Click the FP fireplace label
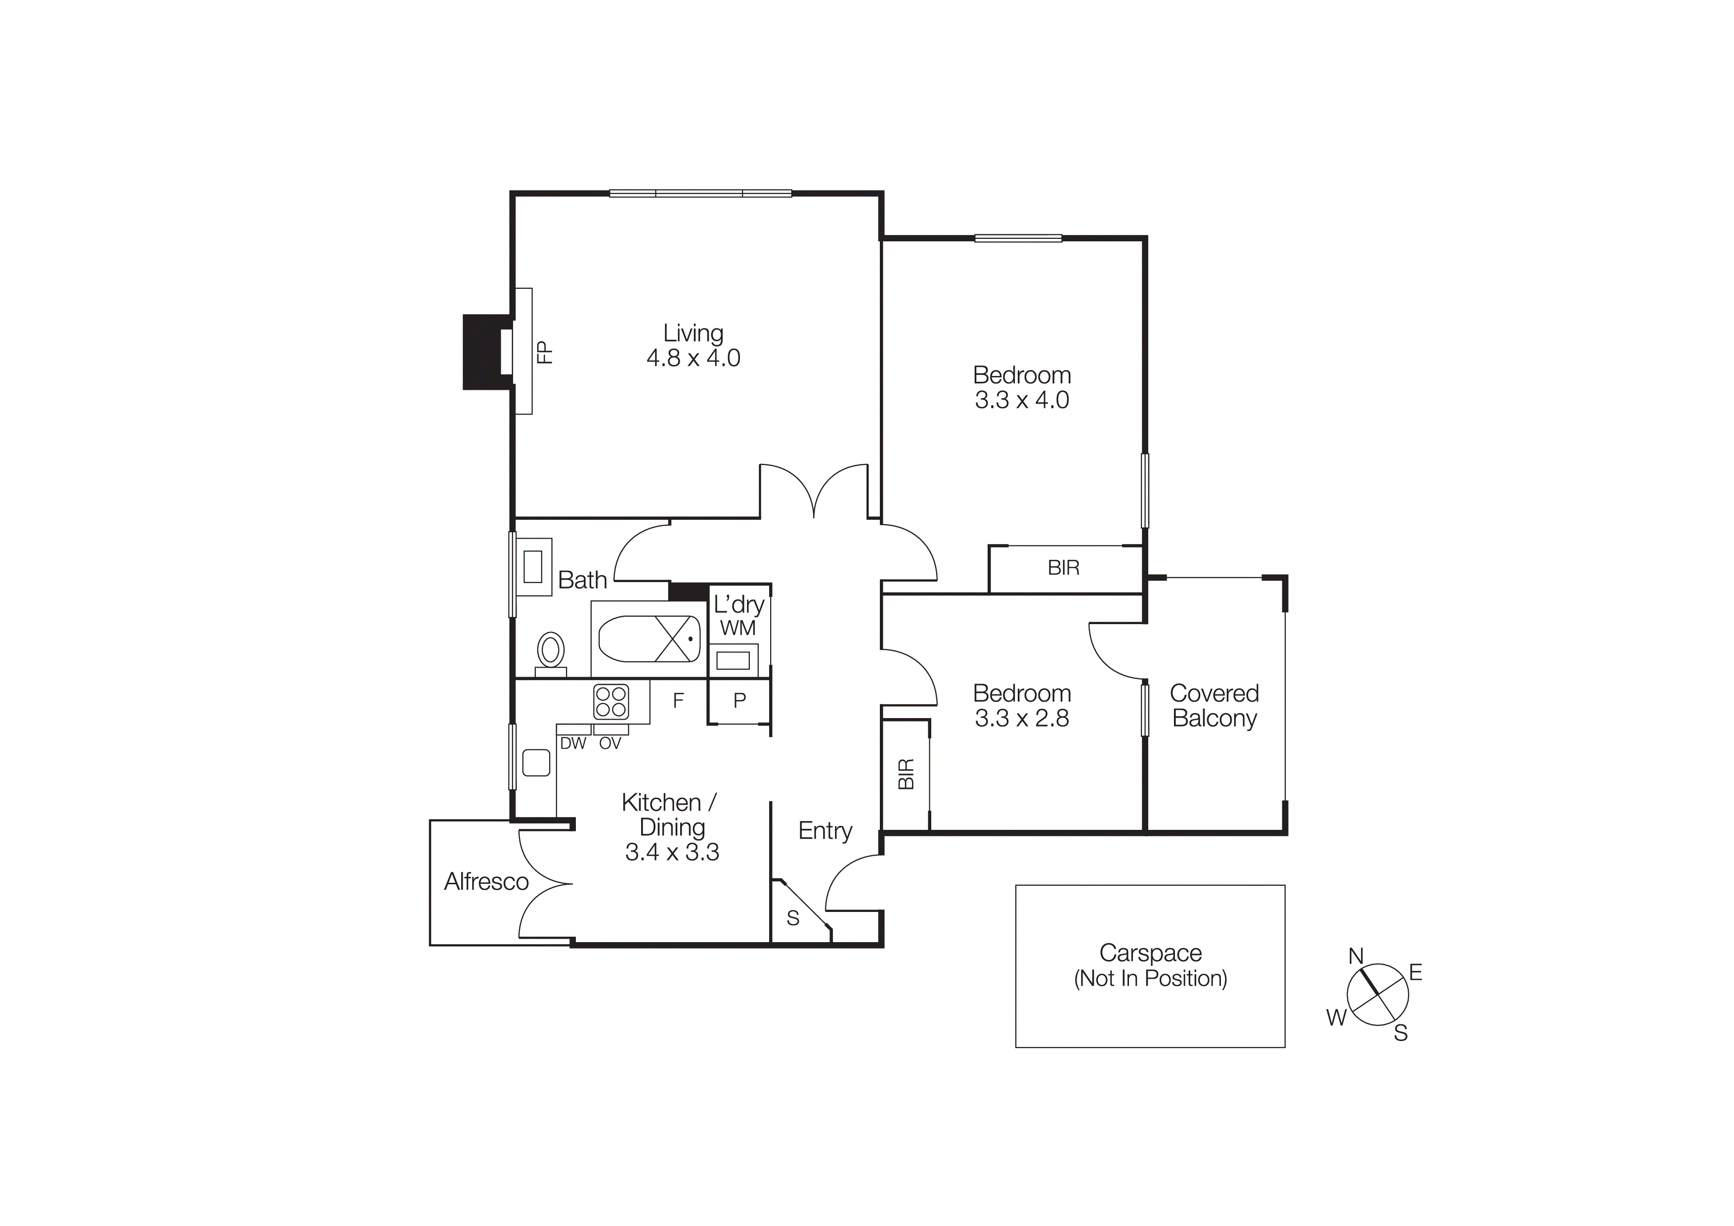(x=544, y=352)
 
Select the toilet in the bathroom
(x=551, y=650)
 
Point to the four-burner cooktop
(x=611, y=701)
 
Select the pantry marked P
(x=739, y=700)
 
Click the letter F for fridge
(x=678, y=700)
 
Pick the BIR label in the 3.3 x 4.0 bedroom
(x=1063, y=568)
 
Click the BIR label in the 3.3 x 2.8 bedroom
(x=906, y=774)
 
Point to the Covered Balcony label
(x=1214, y=706)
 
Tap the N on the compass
(x=1356, y=956)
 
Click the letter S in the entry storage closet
(x=792, y=918)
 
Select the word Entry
(x=824, y=830)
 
